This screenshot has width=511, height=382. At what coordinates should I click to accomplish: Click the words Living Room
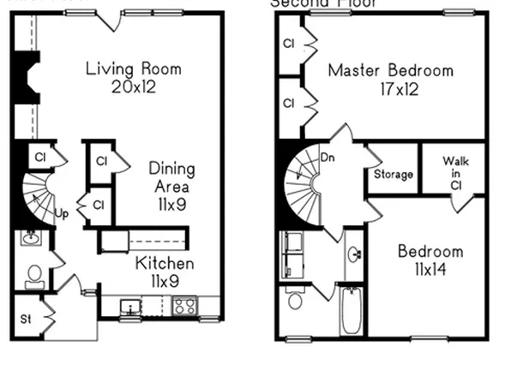point(134,69)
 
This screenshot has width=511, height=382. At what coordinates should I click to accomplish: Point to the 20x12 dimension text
point(134,86)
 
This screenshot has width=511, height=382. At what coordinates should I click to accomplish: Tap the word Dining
point(171,169)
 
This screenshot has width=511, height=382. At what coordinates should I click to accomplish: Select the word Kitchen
point(165,263)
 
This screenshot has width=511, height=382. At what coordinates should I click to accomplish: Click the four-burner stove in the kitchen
point(184,304)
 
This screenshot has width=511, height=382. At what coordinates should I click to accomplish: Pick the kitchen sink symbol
point(131,306)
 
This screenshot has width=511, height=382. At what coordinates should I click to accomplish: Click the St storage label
point(27,319)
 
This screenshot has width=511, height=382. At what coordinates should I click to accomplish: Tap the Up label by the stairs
point(61,213)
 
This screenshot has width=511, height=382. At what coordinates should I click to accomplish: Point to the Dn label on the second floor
point(328,158)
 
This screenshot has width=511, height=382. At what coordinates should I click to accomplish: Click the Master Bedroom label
point(390,70)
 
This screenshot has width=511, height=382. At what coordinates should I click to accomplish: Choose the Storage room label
point(394,175)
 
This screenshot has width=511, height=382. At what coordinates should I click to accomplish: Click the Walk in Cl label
point(454,172)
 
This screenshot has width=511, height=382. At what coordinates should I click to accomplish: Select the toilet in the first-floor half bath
point(35,276)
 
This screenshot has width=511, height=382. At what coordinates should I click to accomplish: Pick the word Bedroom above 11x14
point(430,252)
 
